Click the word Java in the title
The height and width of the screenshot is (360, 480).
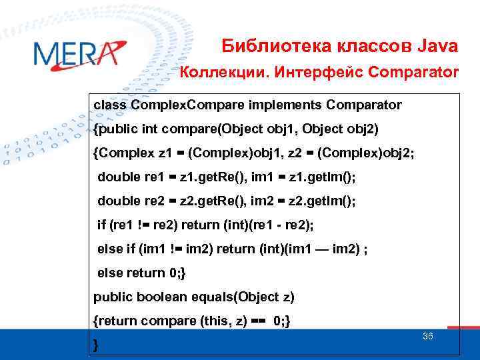437,46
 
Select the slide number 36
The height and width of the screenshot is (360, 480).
428,337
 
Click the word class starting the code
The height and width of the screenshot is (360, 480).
110,105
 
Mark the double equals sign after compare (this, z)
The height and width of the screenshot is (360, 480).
258,321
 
